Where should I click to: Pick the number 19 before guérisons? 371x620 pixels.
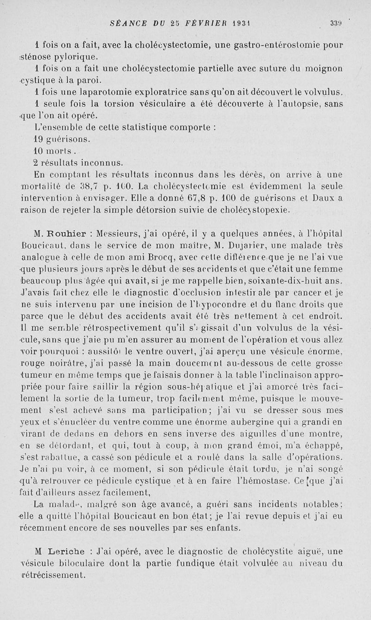(39, 139)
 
